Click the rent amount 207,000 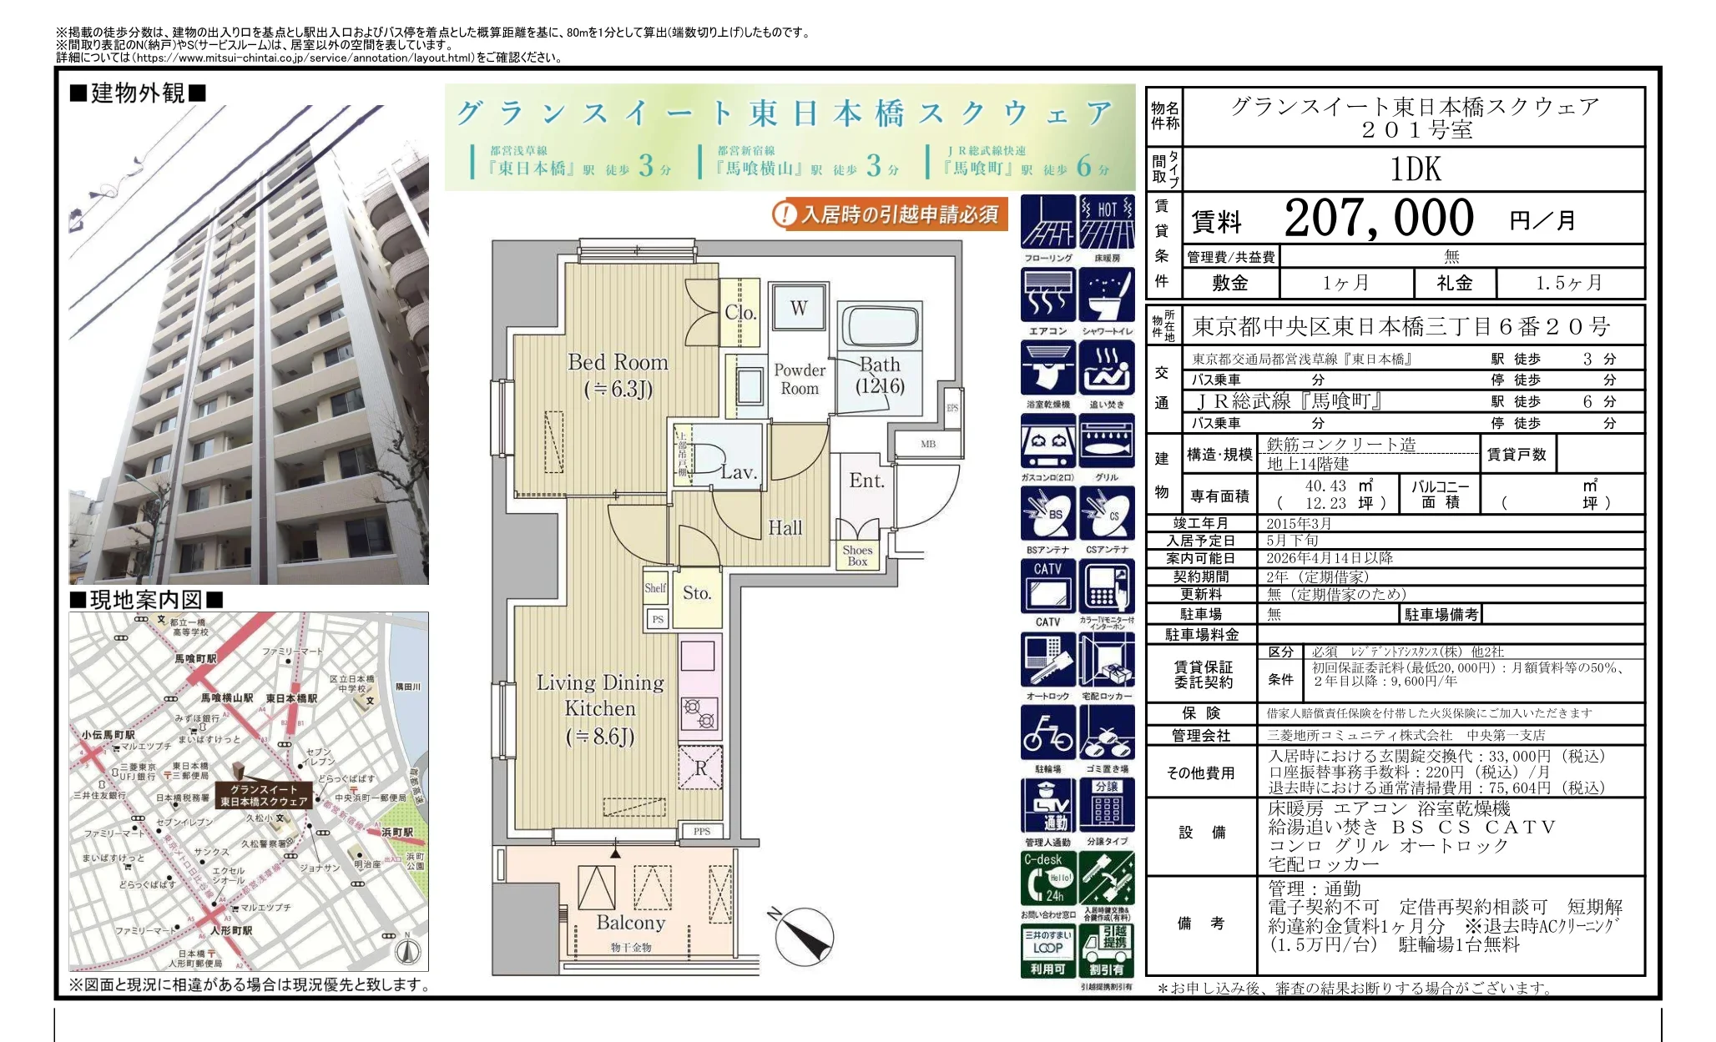(1379, 219)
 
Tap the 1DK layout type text (1415, 169)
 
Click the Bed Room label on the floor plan (618, 363)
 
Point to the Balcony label (630, 923)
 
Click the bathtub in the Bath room (880, 326)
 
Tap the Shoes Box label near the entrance (857, 556)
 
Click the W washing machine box (799, 308)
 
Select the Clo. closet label (739, 313)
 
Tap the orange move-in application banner (890, 214)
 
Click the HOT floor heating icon (1107, 222)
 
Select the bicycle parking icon (1047, 733)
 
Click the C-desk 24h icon (1047, 878)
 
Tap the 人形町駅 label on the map (231, 930)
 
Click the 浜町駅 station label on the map (397, 833)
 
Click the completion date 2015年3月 (1299, 524)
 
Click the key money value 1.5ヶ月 (1569, 283)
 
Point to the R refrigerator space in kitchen (700, 768)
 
